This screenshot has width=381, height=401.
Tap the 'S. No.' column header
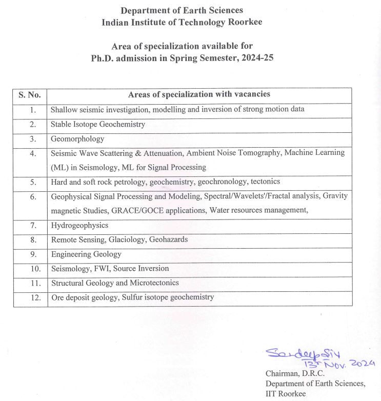[x=30, y=95]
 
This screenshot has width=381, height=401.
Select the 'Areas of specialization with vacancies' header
[x=199, y=94]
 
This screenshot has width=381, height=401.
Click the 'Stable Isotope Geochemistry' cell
[x=97, y=124]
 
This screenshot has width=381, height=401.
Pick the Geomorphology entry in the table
[x=77, y=139]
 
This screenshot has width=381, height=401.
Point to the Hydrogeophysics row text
[x=79, y=225]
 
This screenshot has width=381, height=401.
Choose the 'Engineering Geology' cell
[x=86, y=254]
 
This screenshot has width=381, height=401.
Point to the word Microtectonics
[x=154, y=283]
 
